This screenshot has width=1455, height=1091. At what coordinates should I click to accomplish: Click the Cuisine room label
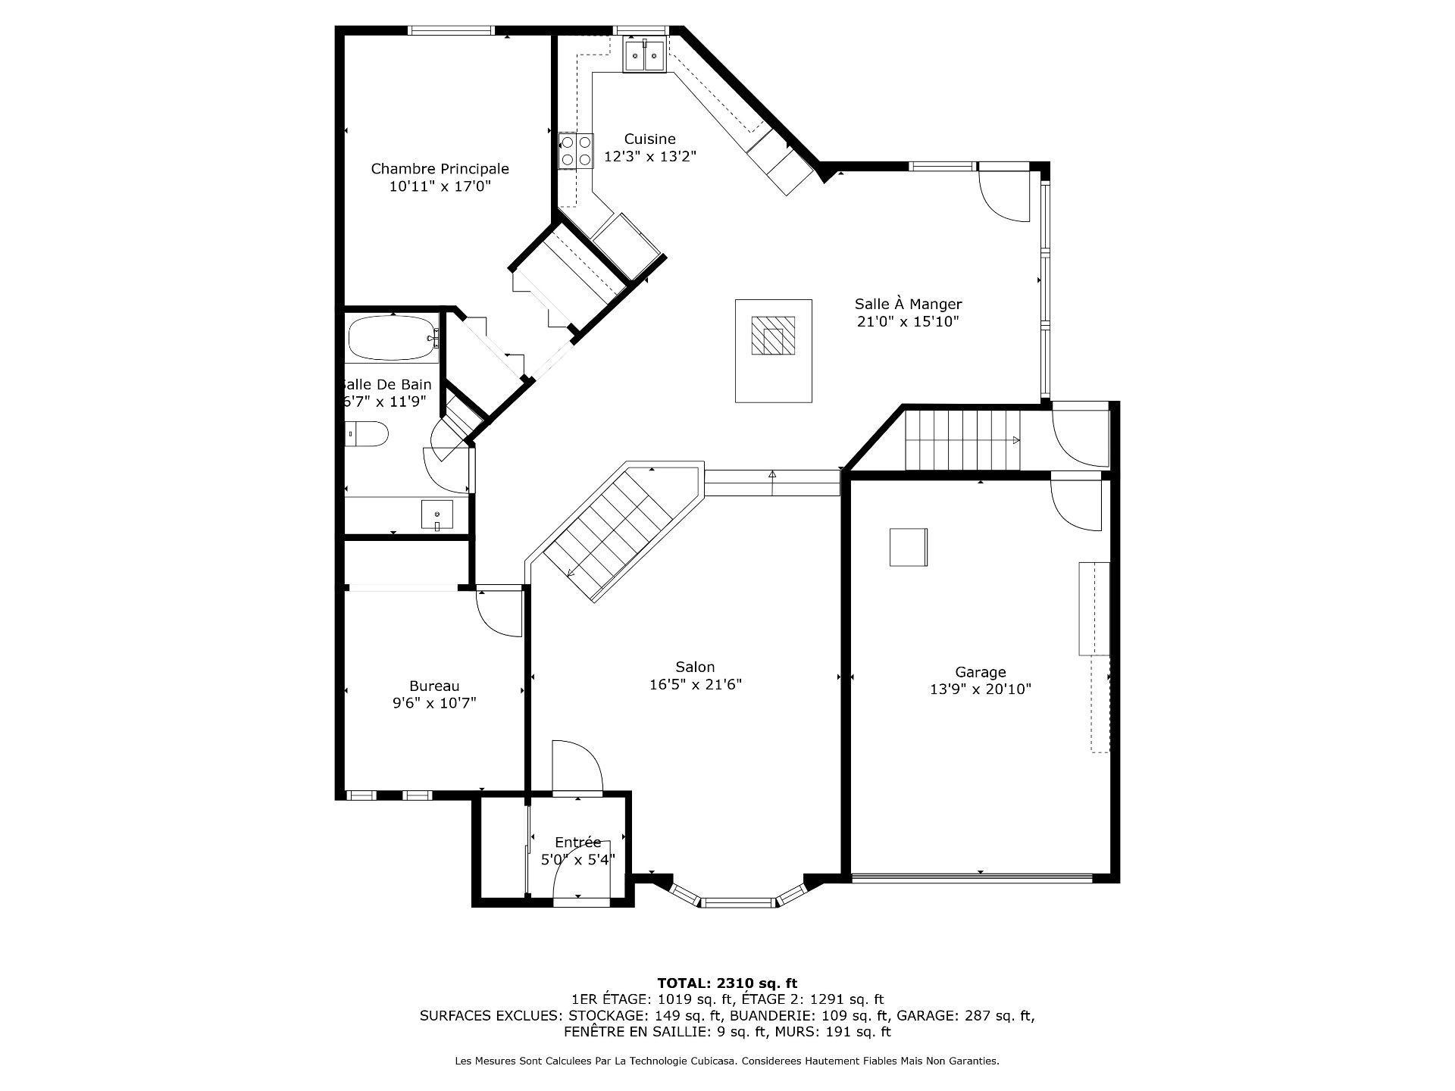coord(649,139)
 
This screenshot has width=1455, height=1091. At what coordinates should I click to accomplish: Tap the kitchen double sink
coord(644,55)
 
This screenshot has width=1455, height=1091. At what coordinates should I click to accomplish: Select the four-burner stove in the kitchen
coord(576,150)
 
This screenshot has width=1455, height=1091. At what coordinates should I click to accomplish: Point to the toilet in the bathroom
coord(368,435)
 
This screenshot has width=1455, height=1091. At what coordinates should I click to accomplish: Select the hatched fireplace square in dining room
coord(773,335)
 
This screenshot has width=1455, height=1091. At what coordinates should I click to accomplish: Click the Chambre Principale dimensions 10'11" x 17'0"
coord(440,186)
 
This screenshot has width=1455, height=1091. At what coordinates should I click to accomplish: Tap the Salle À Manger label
coord(908,304)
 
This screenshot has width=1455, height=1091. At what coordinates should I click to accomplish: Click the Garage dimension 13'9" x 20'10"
coord(980,689)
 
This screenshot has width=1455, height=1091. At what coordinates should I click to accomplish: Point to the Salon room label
coord(695,667)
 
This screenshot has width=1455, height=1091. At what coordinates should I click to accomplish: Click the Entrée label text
coord(577,842)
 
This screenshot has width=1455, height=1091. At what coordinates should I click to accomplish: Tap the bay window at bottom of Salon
coord(737,900)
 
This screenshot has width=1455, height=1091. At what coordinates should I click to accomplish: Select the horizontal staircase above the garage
coord(962,439)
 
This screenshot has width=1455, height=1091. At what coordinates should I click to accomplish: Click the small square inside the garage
coord(908,547)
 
